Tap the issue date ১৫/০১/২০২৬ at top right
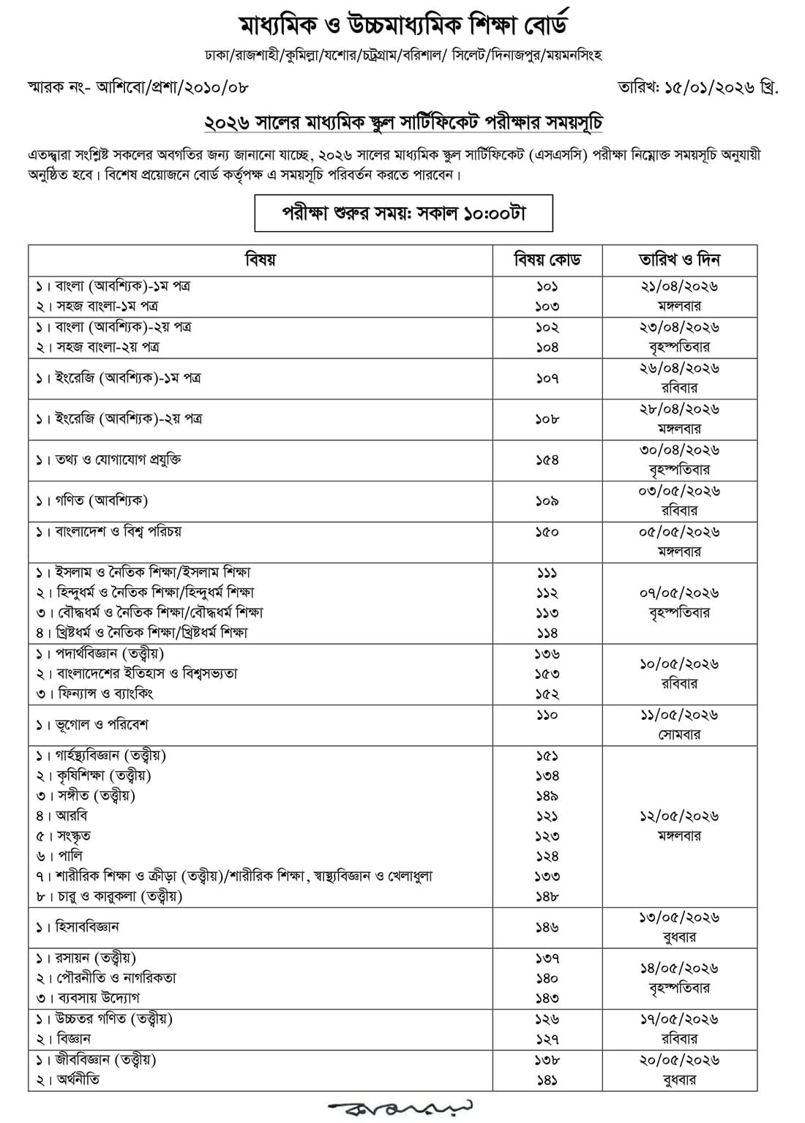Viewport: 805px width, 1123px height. pos(714,87)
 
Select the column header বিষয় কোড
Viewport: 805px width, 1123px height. pos(547,260)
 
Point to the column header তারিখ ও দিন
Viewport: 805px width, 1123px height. pos(679,260)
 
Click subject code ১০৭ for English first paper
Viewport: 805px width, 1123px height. pos(547,378)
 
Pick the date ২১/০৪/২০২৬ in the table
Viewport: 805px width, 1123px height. pos(679,286)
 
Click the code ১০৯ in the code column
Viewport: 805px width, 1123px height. pos(547,501)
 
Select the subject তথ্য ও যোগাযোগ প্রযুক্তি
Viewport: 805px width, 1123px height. pos(118,460)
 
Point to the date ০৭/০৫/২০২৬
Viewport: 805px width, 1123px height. pos(679,593)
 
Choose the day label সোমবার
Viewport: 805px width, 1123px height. pos(679,735)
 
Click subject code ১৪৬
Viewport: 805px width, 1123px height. pos(547,927)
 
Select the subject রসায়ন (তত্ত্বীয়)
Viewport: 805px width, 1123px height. pos(95,958)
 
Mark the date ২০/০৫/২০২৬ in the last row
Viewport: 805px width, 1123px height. pos(679,1060)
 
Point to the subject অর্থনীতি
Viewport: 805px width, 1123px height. pos(78,1080)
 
